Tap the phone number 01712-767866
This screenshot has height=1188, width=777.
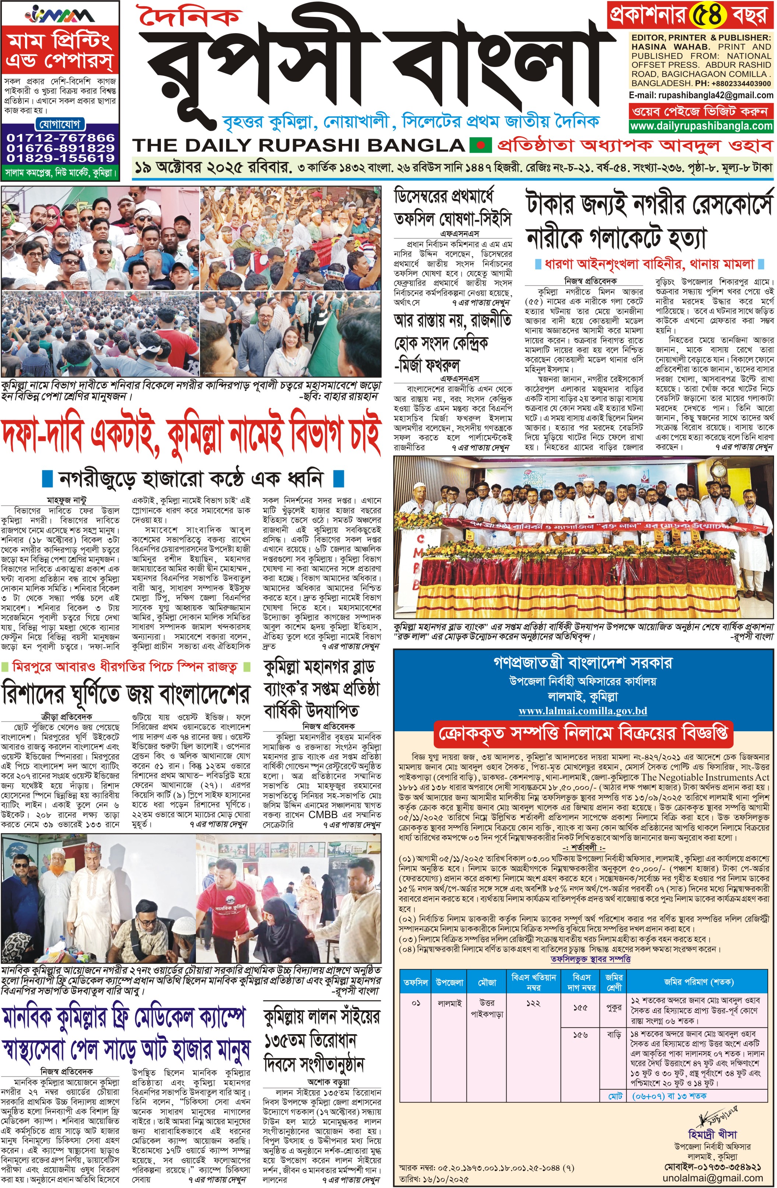[x=60, y=137]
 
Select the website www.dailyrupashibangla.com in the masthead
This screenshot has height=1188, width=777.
[x=701, y=126]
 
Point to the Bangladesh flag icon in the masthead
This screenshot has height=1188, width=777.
[x=481, y=145]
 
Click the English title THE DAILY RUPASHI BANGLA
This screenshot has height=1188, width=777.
[x=299, y=145]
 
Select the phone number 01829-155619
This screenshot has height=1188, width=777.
[x=60, y=158]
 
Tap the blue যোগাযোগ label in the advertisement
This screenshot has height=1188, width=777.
[x=60, y=124]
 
